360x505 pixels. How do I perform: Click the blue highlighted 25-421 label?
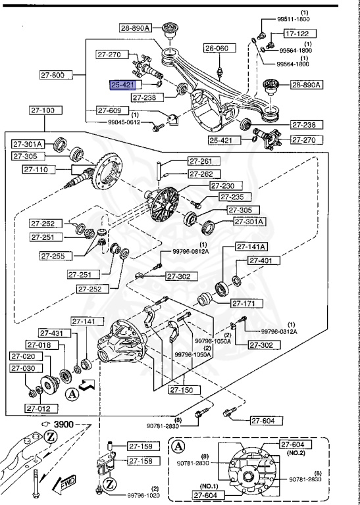coord(123,85)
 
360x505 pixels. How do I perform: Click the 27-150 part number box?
coord(184,390)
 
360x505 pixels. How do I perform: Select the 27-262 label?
coord(202,174)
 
